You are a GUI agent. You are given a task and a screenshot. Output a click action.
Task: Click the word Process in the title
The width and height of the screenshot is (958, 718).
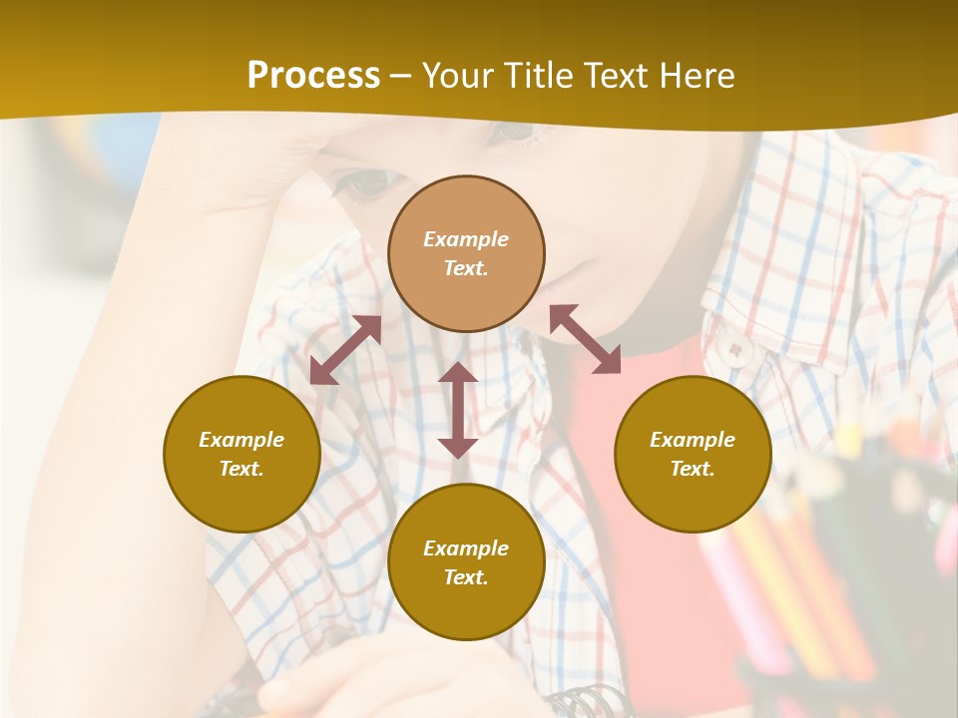(313, 76)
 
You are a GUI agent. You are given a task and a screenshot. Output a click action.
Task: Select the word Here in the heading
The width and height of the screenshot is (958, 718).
(697, 76)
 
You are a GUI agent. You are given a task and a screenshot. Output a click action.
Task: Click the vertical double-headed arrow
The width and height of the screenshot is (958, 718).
(458, 410)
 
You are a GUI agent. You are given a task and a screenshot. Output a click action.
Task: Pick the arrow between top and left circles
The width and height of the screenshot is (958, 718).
(345, 350)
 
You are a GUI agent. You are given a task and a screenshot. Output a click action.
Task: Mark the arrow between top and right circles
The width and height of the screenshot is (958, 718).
(586, 340)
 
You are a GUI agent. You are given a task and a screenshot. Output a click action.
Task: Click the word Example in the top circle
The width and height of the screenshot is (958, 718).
(466, 239)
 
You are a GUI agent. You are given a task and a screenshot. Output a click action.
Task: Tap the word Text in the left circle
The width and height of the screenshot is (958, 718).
(241, 469)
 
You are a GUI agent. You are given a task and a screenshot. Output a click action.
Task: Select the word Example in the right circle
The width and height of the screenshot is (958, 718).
(693, 440)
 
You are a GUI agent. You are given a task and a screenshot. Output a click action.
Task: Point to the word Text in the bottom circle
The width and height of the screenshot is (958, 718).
(466, 577)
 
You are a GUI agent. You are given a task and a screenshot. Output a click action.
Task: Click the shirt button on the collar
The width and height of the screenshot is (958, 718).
(737, 349)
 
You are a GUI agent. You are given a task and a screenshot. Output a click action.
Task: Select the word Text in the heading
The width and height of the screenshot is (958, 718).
(616, 76)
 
